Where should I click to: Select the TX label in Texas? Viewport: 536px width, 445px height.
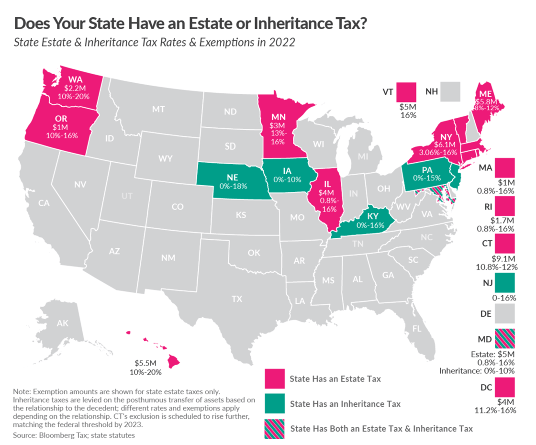237,299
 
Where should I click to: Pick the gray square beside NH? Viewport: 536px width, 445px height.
450,91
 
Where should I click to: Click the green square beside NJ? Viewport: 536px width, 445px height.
505,283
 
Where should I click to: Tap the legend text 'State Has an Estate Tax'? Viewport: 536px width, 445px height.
335,379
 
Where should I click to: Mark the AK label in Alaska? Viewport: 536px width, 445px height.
63,323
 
